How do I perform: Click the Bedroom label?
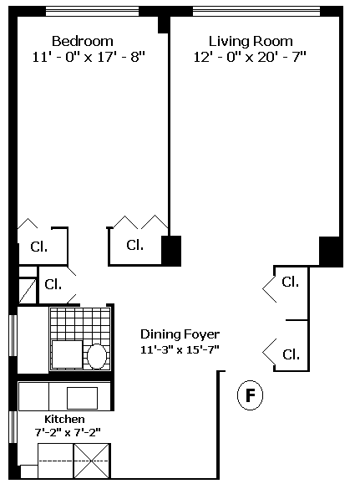tap(83, 41)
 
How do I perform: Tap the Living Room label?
tap(251, 41)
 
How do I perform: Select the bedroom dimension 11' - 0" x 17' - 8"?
tap(89, 57)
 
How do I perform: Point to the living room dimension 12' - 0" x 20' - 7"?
tap(250, 57)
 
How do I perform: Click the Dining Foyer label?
tap(180, 334)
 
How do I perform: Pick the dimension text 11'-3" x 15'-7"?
tap(180, 349)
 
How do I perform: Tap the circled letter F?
tap(250, 395)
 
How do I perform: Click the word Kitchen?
tap(64, 420)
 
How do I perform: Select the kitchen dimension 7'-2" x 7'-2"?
tap(68, 432)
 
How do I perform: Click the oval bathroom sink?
tap(97, 357)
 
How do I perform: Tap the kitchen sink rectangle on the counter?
tap(82, 398)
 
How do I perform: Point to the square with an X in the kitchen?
tap(92, 461)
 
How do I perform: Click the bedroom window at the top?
tap(92, 12)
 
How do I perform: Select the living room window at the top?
tap(256, 12)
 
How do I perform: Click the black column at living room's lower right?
tap(331, 252)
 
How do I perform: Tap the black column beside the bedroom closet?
tap(171, 251)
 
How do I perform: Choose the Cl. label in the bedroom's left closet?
tap(39, 247)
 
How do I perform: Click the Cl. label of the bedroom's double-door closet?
tap(135, 245)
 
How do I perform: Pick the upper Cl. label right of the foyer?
tap(291, 282)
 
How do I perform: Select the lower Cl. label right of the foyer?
tap(291, 354)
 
